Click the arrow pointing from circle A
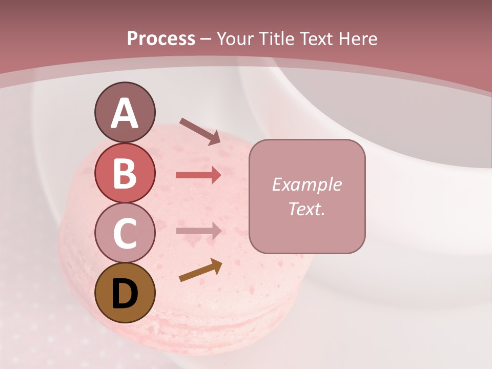click(200, 131)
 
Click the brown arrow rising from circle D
click(200, 271)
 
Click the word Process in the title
click(161, 38)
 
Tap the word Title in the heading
click(278, 38)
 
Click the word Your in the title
click(235, 38)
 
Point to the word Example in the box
click(306, 184)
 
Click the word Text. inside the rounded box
click(306, 209)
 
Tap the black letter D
click(125, 293)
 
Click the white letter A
click(125, 113)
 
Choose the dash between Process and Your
click(206, 39)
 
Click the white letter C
click(125, 233)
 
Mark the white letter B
click(125, 173)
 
